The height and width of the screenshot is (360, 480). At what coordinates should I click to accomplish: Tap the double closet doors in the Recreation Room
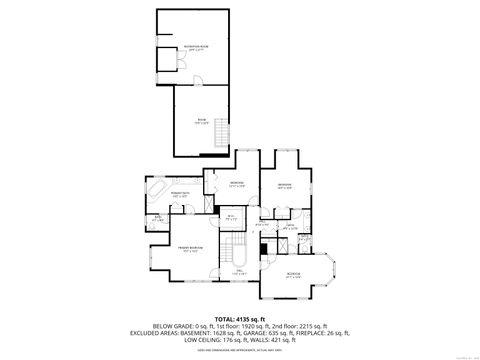[167, 62]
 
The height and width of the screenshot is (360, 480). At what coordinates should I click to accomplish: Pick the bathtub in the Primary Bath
[159, 189]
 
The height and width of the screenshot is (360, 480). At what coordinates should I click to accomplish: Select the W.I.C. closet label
[229, 217]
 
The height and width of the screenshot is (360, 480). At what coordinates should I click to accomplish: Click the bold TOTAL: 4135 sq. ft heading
[240, 317]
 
